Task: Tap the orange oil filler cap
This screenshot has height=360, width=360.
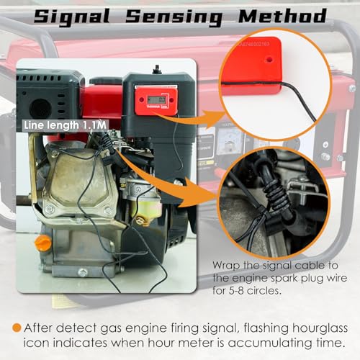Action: click(x=43, y=243)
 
